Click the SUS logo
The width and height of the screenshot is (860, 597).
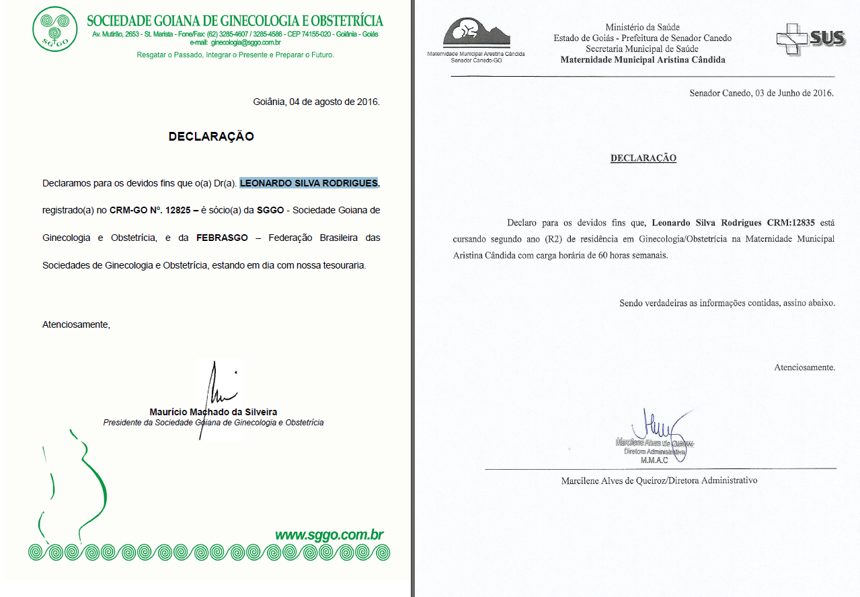click(x=810, y=40)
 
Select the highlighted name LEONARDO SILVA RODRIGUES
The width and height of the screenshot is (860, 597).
click(x=309, y=183)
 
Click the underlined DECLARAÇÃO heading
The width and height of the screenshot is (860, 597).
click(x=643, y=158)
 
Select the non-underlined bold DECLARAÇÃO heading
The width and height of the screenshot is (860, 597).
click(x=211, y=136)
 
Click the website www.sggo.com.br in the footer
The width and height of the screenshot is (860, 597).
click(x=329, y=535)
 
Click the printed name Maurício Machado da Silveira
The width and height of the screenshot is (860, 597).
click(x=213, y=412)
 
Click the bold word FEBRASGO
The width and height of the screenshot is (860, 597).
click(x=222, y=238)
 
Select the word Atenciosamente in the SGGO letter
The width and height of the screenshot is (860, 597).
click(x=75, y=324)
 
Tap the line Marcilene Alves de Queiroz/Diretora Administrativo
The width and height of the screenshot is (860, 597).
click(x=659, y=481)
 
